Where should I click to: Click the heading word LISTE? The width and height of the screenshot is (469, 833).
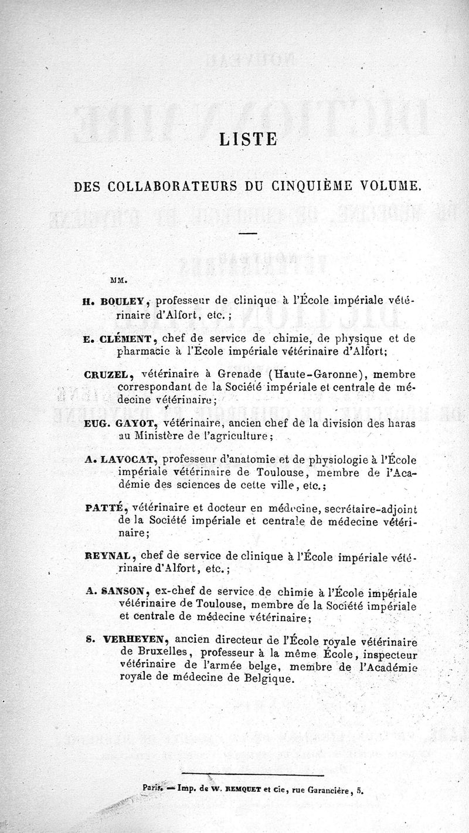pos(247,139)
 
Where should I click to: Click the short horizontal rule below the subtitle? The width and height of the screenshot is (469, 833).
pos(248,234)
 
